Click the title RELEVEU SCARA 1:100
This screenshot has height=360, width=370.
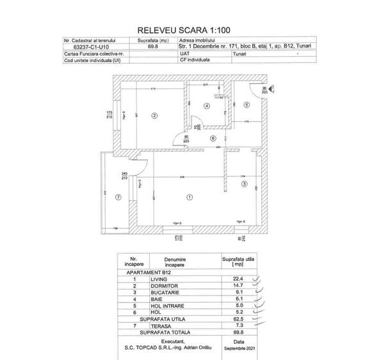[x=184, y=30]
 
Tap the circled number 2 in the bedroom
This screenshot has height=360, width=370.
[x=154, y=116]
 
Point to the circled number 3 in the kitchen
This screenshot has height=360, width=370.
[x=244, y=184]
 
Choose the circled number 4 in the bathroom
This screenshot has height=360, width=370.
[x=207, y=106]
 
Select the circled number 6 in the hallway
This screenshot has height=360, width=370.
[x=213, y=137]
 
